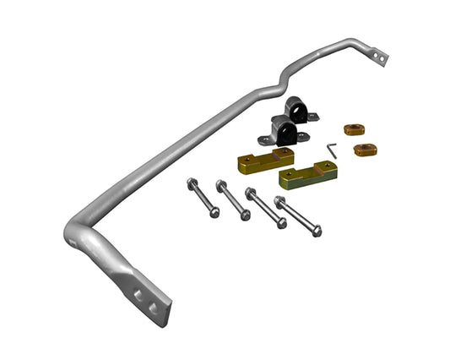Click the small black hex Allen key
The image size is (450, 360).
[x=332, y=150]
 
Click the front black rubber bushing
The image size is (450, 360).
[x=285, y=131]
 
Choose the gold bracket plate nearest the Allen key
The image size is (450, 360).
[x=308, y=174]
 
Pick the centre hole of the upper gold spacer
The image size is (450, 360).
[x=354, y=130]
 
